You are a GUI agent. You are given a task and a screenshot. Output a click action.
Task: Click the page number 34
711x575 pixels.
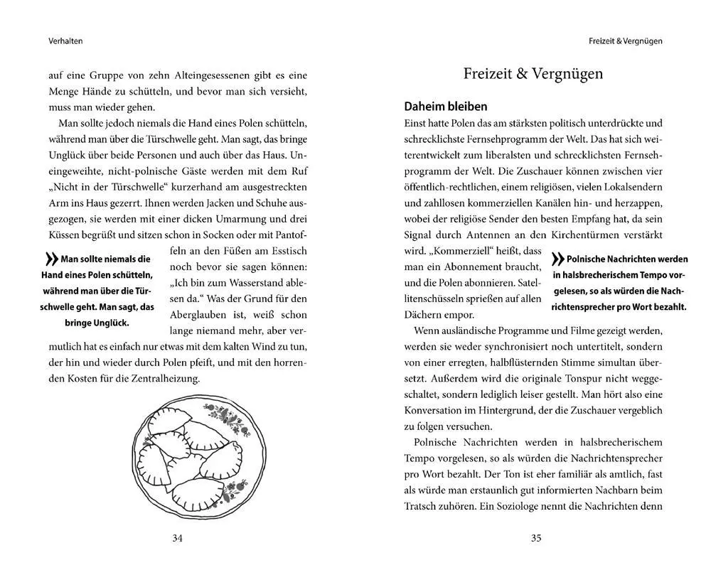[178, 538]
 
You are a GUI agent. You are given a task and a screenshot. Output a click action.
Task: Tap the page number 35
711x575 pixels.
[536, 538]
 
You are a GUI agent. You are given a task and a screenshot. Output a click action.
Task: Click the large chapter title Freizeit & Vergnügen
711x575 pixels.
[533, 73]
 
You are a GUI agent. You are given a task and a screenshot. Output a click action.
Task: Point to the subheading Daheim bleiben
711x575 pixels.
[445, 107]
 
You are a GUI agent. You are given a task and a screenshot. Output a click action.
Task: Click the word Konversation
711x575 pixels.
[437, 410]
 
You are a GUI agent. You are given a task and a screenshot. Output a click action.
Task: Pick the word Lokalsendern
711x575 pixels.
[628, 187]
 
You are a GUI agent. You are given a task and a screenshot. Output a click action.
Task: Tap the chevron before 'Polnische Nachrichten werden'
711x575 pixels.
[557, 260]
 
